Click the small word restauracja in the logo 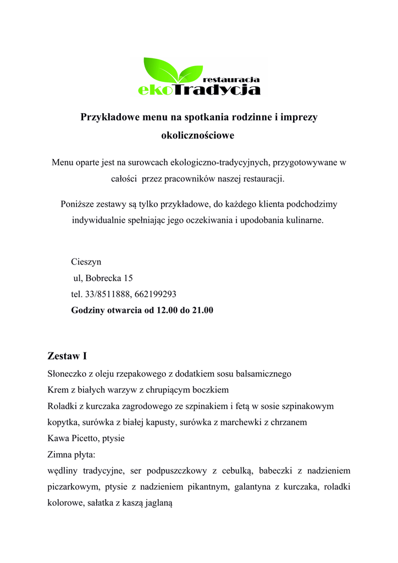231,80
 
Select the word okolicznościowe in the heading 197,135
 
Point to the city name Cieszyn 86,262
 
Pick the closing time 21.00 202,310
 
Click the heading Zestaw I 68,356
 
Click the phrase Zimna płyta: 72,455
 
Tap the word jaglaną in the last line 158,503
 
